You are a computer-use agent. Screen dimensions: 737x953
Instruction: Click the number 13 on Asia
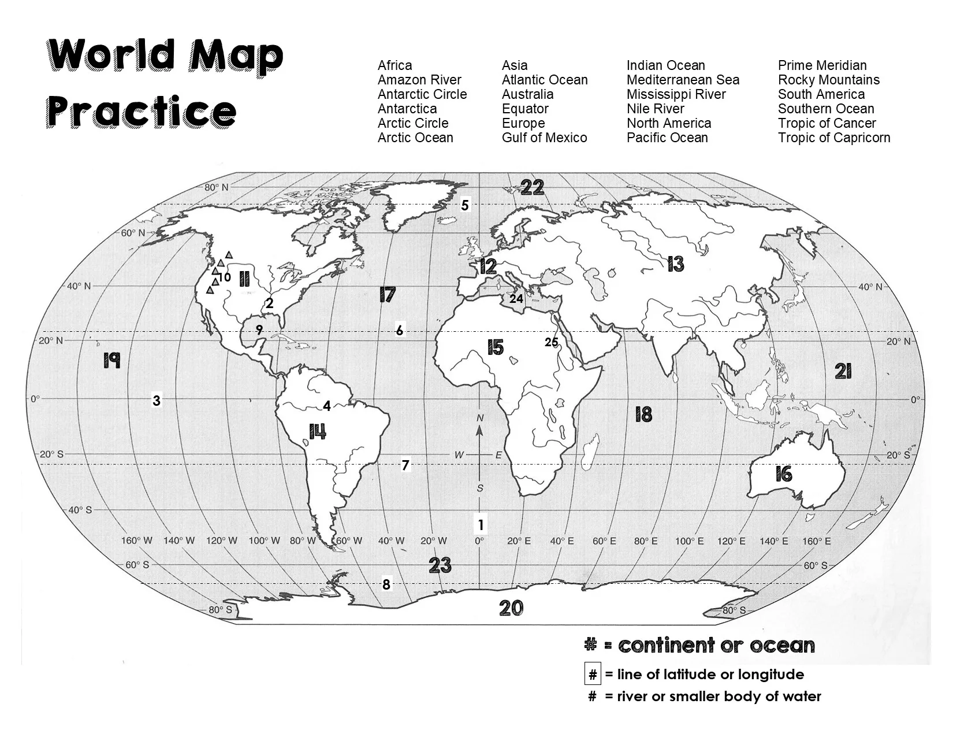pos(675,264)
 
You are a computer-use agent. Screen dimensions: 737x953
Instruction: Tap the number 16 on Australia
pos(783,475)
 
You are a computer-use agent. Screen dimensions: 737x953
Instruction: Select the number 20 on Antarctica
pos(511,608)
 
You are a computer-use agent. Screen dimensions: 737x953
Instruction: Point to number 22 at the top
pos(532,187)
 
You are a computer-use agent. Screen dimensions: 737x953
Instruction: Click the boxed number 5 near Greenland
pos(465,205)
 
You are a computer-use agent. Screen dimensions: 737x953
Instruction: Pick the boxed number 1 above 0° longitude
pos(480,525)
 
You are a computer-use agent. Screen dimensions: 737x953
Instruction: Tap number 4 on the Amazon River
pos(327,406)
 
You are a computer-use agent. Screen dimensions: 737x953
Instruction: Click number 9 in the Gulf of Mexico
pos(259,330)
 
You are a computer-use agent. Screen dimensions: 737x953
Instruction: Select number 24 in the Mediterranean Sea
pos(516,299)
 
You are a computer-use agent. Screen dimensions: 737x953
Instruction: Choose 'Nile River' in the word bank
pos(655,109)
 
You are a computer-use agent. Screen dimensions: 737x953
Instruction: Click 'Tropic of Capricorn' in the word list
pos(833,138)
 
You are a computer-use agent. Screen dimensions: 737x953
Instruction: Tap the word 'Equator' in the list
pos(524,109)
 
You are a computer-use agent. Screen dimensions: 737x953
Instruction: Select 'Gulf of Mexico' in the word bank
pos(544,138)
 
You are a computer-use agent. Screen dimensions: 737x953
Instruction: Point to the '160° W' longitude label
pos(137,541)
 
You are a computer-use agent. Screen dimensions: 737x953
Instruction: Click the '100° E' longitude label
pos(689,541)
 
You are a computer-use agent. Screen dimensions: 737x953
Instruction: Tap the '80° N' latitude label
pos(217,187)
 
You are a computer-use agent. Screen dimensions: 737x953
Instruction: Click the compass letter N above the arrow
pos(480,418)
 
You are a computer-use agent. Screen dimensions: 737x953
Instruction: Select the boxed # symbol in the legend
pos(593,675)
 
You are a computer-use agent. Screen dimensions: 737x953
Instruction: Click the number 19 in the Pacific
pos(111,361)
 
